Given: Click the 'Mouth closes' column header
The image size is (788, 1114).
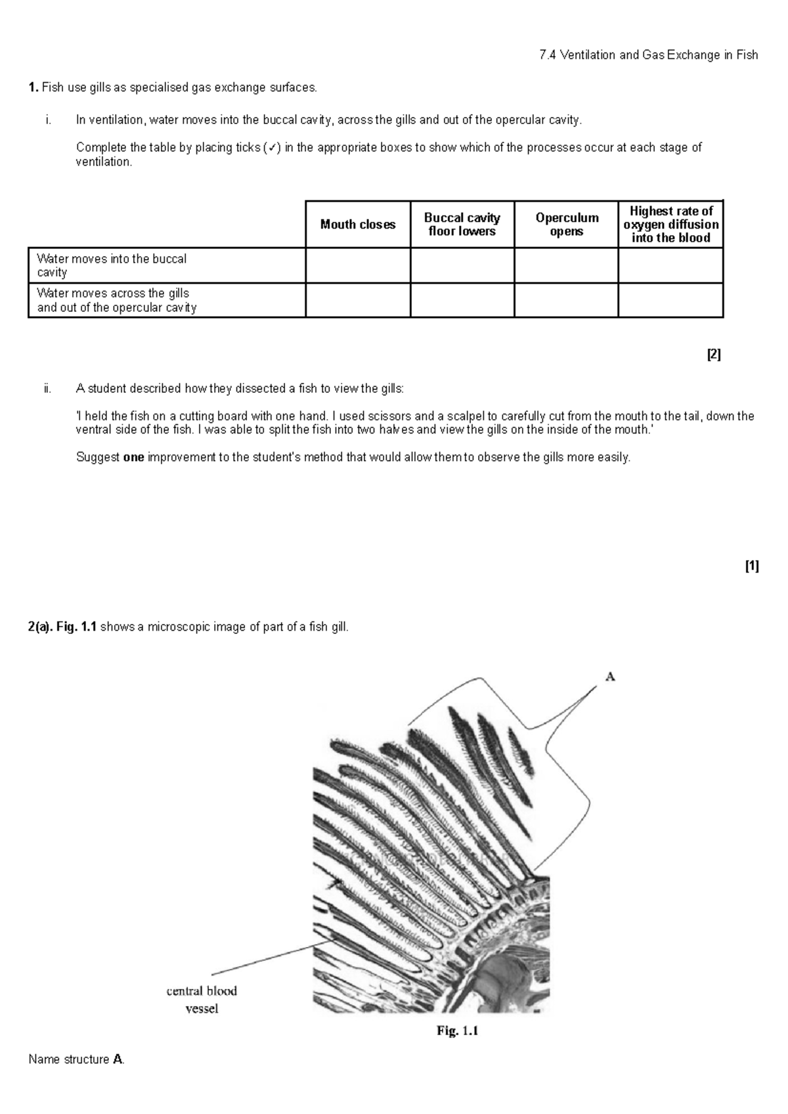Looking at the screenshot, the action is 358,225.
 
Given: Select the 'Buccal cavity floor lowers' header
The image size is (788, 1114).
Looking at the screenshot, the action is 462,225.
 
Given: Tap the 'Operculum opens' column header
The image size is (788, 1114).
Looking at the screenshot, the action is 567,225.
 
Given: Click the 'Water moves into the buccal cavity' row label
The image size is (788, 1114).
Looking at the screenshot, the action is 112,265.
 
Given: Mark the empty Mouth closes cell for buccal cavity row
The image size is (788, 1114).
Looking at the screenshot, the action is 358,265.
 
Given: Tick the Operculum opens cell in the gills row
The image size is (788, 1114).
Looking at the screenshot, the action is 567,300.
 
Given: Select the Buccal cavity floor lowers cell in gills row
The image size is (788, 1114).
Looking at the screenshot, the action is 462,300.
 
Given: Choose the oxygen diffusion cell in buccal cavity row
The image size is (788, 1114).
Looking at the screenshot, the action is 670,265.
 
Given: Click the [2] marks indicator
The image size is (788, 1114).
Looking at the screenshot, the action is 714,355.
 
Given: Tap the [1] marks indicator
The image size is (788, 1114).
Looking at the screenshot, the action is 752,566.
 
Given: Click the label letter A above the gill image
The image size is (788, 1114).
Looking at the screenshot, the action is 609,677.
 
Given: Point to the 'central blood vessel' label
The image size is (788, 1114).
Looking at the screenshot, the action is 202,999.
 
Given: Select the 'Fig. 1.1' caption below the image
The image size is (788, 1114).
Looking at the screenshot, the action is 458,1031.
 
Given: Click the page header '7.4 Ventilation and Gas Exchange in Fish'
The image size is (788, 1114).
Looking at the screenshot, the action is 648,55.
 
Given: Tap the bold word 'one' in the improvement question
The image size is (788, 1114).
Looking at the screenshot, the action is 133,457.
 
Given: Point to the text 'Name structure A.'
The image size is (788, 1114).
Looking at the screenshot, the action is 76,1059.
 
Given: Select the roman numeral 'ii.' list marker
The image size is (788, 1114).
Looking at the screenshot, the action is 47,388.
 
